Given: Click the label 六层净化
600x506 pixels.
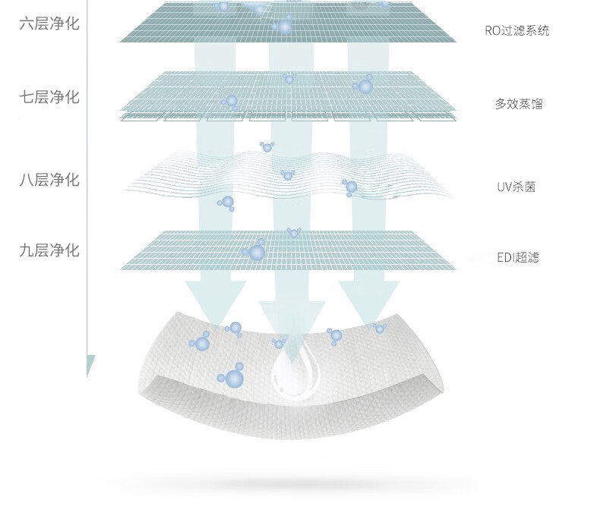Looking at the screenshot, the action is click(x=49, y=24).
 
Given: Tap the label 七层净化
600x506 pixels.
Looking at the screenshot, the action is click(x=49, y=97).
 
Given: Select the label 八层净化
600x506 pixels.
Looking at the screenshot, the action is click(x=49, y=180).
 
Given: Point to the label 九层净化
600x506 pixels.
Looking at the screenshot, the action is click(x=49, y=250).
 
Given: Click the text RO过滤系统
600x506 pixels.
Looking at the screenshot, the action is click(x=516, y=31).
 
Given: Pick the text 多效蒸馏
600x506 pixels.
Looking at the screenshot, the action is click(x=519, y=104).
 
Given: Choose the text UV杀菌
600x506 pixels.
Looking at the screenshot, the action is click(x=516, y=187).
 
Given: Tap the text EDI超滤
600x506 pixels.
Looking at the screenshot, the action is click(x=518, y=258).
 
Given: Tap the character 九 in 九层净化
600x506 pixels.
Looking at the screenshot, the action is click(x=27, y=250).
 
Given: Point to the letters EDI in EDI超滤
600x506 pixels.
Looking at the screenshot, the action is click(x=507, y=258).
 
